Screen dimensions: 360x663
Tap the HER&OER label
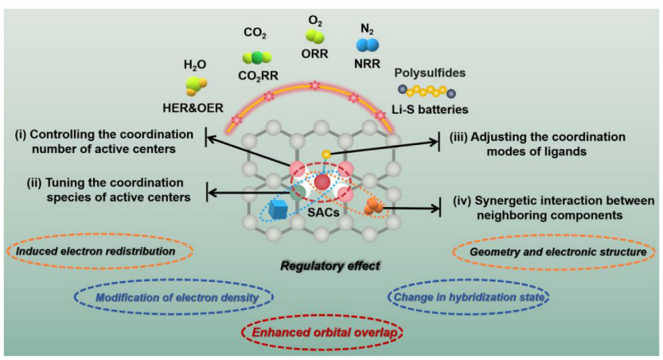click(x=193, y=108)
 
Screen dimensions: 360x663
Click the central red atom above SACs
click(x=322, y=182)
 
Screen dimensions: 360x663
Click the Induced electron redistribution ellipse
click(x=102, y=252)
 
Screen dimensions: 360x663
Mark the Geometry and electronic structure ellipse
click(x=555, y=252)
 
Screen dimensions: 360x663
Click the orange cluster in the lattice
click(x=373, y=206)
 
